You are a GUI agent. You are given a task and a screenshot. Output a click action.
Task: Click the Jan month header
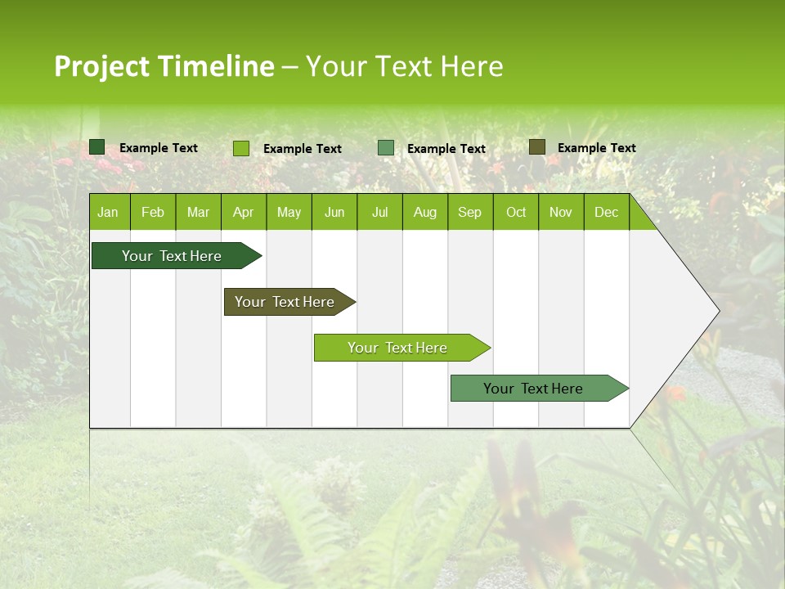click(x=108, y=213)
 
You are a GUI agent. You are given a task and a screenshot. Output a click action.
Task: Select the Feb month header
click(x=153, y=213)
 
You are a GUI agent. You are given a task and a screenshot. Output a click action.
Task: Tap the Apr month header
click(x=243, y=213)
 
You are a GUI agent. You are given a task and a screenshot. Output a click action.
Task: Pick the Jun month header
click(x=334, y=213)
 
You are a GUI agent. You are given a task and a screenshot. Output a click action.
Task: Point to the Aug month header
click(x=424, y=213)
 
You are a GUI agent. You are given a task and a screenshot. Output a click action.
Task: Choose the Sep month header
click(x=469, y=213)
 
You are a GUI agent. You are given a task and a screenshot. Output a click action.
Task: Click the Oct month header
click(x=516, y=213)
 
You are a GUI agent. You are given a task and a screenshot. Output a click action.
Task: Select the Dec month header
click(x=606, y=213)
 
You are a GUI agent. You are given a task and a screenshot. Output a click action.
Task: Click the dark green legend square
click(x=97, y=147)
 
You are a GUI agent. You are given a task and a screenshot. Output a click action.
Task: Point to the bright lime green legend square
click(x=241, y=148)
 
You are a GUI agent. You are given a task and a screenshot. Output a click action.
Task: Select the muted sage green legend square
click(x=386, y=148)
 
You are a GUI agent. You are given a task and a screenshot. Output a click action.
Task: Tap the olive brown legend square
click(x=537, y=147)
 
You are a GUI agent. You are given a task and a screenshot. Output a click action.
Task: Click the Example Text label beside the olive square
click(x=596, y=148)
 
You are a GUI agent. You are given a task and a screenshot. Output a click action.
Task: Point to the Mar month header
click(x=198, y=213)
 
